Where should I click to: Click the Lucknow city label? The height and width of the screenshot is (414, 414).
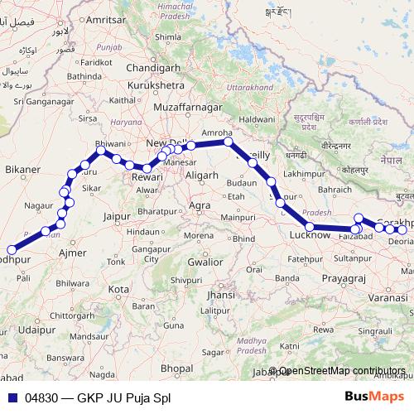(x=310, y=236)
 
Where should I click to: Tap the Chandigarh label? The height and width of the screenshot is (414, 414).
(x=155, y=67)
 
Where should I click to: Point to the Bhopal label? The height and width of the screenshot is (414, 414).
(x=176, y=367)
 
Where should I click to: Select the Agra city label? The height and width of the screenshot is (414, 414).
(x=200, y=205)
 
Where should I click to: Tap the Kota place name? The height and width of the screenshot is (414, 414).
(x=118, y=290)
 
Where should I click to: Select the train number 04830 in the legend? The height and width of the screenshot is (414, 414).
(x=42, y=397)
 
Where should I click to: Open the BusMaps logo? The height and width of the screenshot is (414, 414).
(x=374, y=397)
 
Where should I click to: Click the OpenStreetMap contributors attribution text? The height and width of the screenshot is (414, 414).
(x=342, y=372)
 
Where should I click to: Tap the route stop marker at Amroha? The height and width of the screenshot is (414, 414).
(x=228, y=142)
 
